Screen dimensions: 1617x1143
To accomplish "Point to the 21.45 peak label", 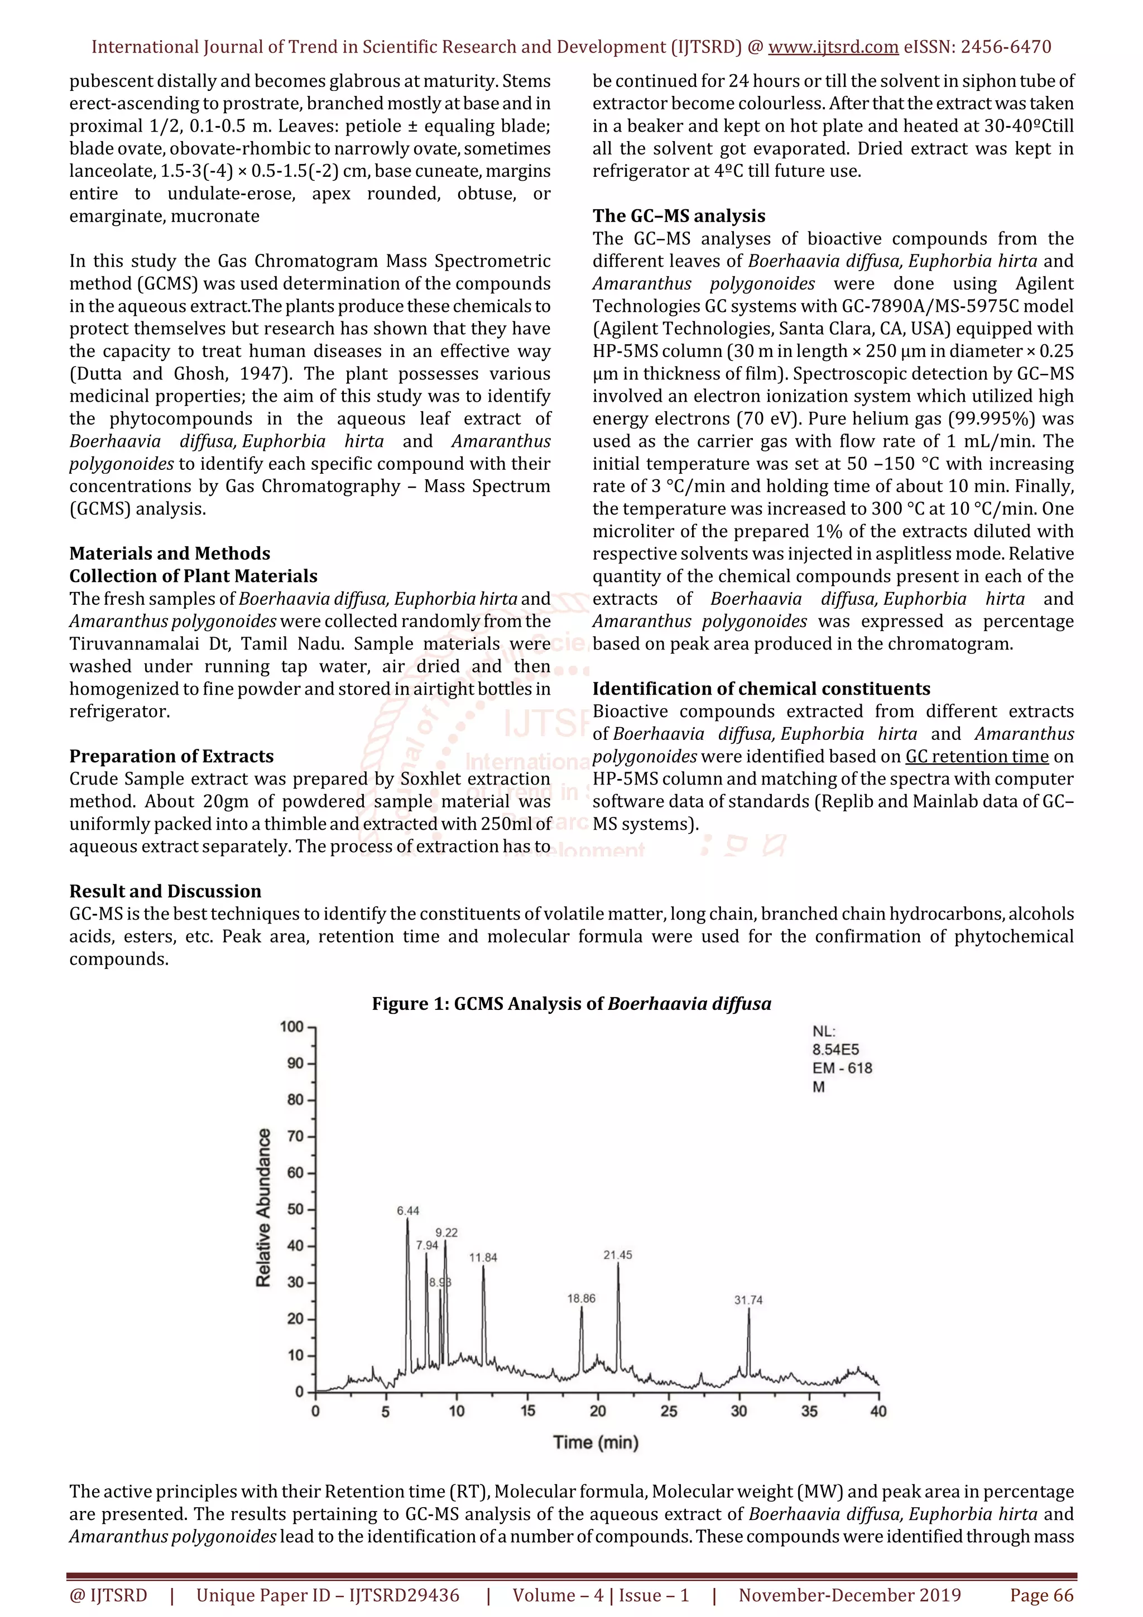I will [618, 1255].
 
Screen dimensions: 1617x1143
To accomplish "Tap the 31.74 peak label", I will [748, 1300].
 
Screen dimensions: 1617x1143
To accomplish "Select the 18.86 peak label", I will [581, 1298].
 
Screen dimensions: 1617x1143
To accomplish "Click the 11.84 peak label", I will [483, 1257].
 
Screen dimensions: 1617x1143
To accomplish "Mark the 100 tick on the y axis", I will [291, 1027].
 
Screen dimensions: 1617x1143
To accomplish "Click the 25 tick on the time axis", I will [669, 1411].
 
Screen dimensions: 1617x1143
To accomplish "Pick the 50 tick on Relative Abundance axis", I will [295, 1209].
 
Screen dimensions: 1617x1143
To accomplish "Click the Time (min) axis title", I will [596, 1442].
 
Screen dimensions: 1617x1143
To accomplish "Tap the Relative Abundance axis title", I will [263, 1208].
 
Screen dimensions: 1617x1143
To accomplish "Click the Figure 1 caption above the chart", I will [571, 1004].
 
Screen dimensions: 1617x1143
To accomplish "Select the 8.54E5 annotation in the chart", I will [835, 1050].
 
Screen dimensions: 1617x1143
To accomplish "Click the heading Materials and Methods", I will [170, 553].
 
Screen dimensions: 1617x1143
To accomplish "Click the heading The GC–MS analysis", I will [678, 215].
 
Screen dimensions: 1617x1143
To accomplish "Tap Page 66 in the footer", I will [1041, 1595].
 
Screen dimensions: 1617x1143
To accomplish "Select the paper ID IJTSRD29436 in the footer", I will [404, 1595].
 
